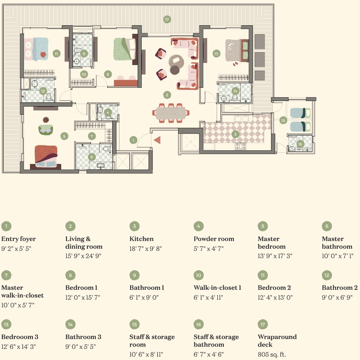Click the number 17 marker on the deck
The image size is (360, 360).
click(167, 19)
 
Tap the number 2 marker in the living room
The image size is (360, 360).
click(167, 95)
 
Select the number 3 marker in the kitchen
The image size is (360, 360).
click(235, 134)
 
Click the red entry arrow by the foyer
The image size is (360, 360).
click(157, 140)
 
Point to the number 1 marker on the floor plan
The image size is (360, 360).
click(134, 140)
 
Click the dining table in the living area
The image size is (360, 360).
click(170, 113)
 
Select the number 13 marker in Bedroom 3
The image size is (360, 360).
click(216, 54)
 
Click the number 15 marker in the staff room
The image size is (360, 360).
click(283, 120)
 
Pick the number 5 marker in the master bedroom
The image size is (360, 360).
click(64, 136)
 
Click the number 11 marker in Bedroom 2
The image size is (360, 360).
click(56, 54)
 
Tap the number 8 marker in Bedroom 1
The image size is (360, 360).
click(107, 74)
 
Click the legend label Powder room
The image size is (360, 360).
click(214, 239)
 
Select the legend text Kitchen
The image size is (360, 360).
click(141, 239)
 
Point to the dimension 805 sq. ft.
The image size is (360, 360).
click(271, 354)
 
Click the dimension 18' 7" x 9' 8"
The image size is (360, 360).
click(146, 249)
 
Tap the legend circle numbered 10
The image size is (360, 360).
click(199, 275)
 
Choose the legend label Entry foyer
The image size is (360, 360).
click(18, 239)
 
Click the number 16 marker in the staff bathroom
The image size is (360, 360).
click(300, 144)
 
